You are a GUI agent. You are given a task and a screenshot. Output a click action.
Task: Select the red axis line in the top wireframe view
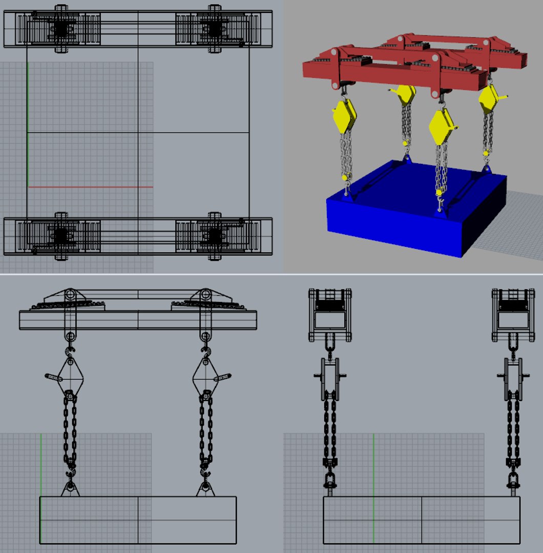(x=90, y=187)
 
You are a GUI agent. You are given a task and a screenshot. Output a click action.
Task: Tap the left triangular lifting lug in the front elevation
(x=70, y=489)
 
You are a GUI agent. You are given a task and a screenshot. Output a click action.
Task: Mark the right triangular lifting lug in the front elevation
(x=205, y=489)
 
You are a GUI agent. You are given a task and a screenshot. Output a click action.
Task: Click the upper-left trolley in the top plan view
(x=61, y=29)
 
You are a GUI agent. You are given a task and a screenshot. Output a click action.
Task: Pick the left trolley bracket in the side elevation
(x=330, y=315)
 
